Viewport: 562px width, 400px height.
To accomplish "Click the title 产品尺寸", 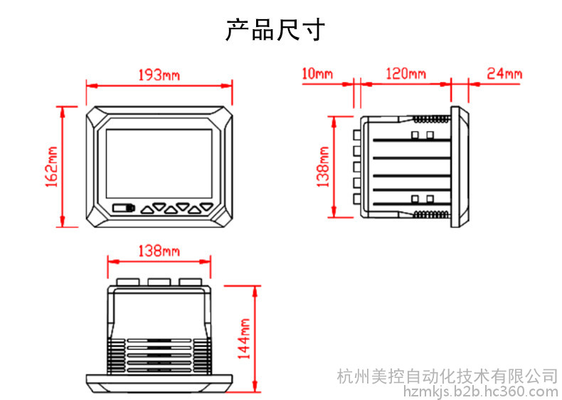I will tap(276, 30).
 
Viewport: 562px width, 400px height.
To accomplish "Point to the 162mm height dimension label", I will tap(51, 167).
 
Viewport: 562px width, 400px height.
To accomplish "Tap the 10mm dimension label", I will tap(317, 74).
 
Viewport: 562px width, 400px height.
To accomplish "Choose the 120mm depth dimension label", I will tap(405, 74).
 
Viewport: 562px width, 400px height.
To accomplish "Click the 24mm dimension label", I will tap(504, 74).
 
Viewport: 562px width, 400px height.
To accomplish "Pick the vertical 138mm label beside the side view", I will tap(324, 167).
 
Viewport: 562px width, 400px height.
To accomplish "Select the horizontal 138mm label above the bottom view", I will tap(159, 251).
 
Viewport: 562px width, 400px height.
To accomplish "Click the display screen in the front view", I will tap(159, 163).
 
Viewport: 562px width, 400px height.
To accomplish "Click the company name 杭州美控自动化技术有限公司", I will tap(447, 375).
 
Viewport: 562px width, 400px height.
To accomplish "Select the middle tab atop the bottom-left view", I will tap(159, 282).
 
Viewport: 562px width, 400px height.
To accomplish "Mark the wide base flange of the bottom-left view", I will tap(159, 383).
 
